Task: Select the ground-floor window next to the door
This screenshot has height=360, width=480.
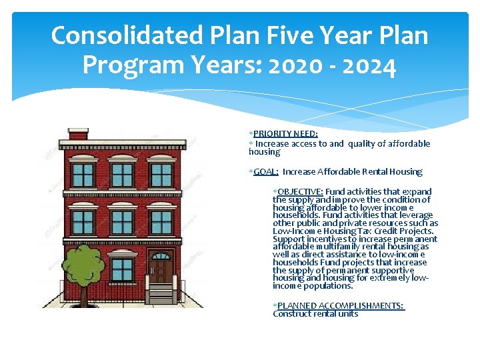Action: [x=122, y=269]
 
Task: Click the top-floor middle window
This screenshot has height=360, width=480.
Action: [x=122, y=175]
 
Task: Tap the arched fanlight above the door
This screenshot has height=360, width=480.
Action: [x=161, y=256]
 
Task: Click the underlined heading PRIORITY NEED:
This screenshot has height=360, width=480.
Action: [x=285, y=133]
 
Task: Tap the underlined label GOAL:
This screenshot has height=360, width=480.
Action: [x=266, y=172]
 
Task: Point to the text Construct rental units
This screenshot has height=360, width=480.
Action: [x=315, y=314]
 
